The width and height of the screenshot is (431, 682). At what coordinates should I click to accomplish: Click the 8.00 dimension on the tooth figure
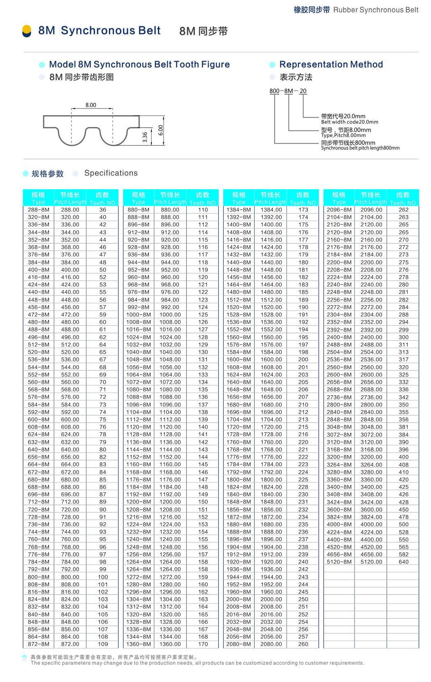pyautogui.click(x=91, y=105)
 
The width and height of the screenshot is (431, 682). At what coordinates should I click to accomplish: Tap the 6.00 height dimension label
pyautogui.click(x=160, y=130)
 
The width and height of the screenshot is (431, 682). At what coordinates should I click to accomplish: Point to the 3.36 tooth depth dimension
pyautogui.click(x=145, y=137)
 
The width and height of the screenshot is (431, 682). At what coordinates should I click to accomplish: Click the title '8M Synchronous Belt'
pyautogui.click(x=99, y=30)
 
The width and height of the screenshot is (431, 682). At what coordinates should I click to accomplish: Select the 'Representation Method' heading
pyautogui.click(x=331, y=65)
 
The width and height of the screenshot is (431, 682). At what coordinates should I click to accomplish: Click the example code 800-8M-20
pyautogui.click(x=288, y=91)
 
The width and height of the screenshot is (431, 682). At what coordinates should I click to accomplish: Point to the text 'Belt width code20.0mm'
pyautogui.click(x=350, y=122)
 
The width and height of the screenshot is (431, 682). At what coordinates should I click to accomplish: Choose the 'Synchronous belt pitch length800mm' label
pyautogui.click(x=360, y=148)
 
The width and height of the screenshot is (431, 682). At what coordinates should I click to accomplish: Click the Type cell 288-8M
pyautogui.click(x=38, y=210)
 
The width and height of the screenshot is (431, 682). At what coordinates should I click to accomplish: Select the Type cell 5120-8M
pyautogui.click(x=339, y=562)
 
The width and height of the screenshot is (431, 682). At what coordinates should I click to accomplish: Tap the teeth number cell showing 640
pyautogui.click(x=403, y=562)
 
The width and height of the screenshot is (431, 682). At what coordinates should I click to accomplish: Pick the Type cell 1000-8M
pyautogui.click(x=139, y=315)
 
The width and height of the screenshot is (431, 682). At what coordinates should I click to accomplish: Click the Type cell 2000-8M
pyautogui.click(x=239, y=599)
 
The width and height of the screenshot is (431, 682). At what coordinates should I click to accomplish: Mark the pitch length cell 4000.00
pyautogui.click(x=371, y=524)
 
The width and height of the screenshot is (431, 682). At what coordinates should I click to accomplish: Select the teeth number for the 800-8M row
pyautogui.click(x=103, y=577)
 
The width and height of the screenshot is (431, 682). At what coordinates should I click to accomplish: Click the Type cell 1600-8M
pyautogui.click(x=239, y=360)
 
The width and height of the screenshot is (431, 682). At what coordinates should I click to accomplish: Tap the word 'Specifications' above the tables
pyautogui.click(x=111, y=173)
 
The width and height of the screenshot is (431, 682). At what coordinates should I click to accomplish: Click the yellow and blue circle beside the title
pyautogui.click(x=27, y=31)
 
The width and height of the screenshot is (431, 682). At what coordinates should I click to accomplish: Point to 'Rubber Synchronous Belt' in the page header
pyautogui.click(x=375, y=10)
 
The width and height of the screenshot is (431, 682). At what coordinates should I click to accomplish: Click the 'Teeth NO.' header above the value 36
pyautogui.click(x=103, y=203)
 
